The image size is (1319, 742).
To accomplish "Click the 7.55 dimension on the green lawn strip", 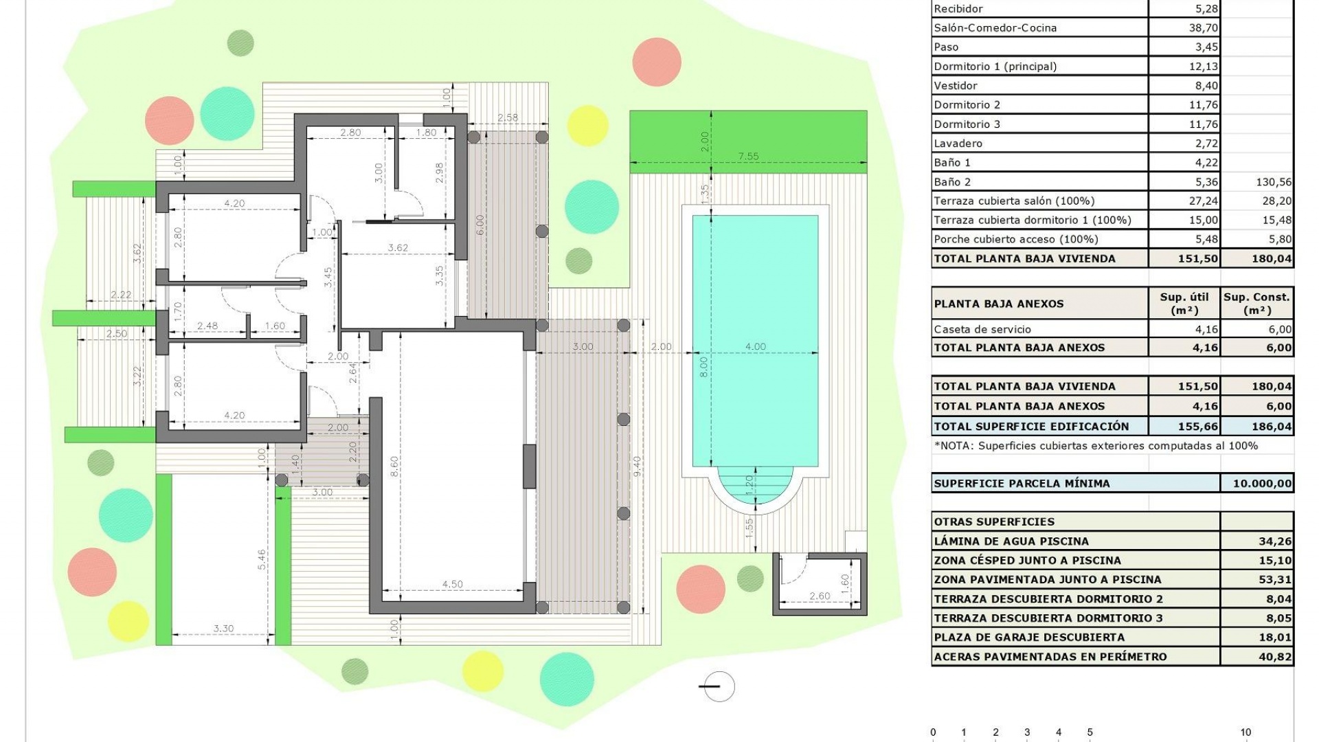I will point(748,157).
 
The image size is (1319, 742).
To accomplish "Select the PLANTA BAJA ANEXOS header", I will point(998,304).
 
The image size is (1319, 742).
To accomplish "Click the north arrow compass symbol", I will point(719,686).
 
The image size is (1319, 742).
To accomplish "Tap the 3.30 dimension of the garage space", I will point(223,629).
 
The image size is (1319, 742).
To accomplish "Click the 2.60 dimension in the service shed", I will point(819,596).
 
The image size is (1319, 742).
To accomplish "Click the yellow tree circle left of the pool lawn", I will point(588,126).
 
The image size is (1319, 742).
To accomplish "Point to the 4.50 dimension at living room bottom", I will point(452,585).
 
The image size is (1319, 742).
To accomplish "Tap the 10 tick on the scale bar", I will point(1245,732).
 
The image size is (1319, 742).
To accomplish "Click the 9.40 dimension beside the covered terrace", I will point(637,467).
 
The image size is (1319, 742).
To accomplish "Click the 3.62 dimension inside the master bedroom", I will point(398,248).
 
